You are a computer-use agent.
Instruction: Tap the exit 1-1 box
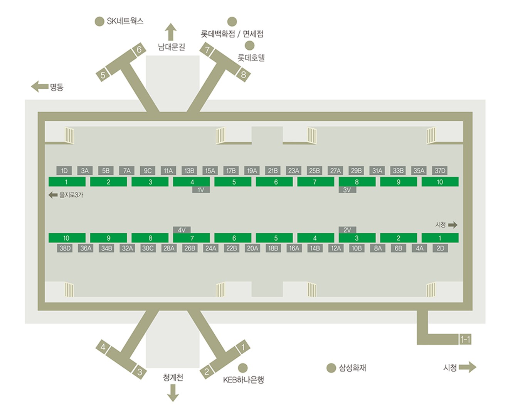465,340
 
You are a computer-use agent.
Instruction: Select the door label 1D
64,170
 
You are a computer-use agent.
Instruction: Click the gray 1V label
201,190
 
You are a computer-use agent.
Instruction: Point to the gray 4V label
182,230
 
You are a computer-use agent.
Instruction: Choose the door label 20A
252,248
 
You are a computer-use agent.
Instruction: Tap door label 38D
65,248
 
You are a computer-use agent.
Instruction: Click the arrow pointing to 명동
40,86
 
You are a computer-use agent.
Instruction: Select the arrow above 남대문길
171,32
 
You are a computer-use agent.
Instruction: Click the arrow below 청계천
173,393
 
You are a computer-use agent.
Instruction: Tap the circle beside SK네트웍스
99,22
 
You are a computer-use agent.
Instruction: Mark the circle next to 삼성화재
331,368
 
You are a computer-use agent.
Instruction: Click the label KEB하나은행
243,380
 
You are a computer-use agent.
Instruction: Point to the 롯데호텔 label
251,57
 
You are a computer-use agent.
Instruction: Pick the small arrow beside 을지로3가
53,195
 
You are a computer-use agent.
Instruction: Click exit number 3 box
140,372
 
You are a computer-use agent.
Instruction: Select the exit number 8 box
243,75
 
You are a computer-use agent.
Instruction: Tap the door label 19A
252,170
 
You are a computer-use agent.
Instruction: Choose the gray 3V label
347,190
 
